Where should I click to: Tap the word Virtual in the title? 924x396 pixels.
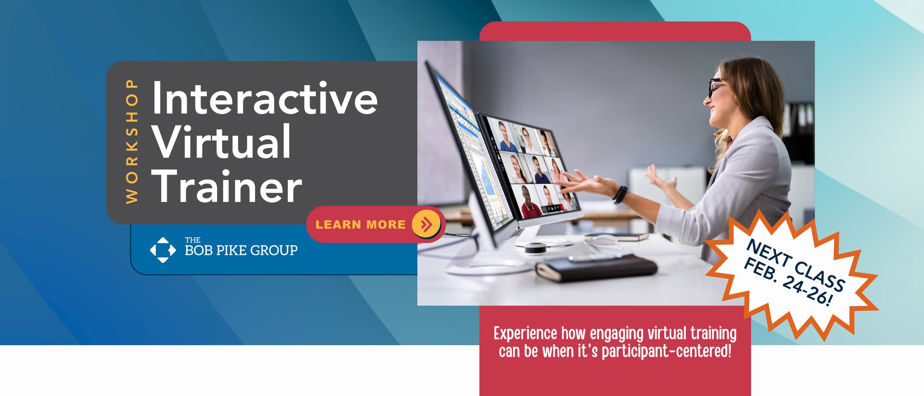click(x=222, y=142)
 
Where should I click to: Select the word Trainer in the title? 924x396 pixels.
click(x=227, y=186)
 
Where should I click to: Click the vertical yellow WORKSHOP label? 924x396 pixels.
click(x=132, y=141)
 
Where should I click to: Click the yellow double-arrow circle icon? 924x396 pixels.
click(x=426, y=224)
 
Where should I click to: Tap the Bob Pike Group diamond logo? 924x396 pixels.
click(x=163, y=250)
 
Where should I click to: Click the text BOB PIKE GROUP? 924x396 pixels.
click(x=241, y=251)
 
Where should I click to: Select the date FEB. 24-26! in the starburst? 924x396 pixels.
click(x=788, y=282)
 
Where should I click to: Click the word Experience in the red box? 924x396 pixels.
click(x=525, y=334)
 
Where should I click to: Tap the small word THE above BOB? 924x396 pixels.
click(x=193, y=240)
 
